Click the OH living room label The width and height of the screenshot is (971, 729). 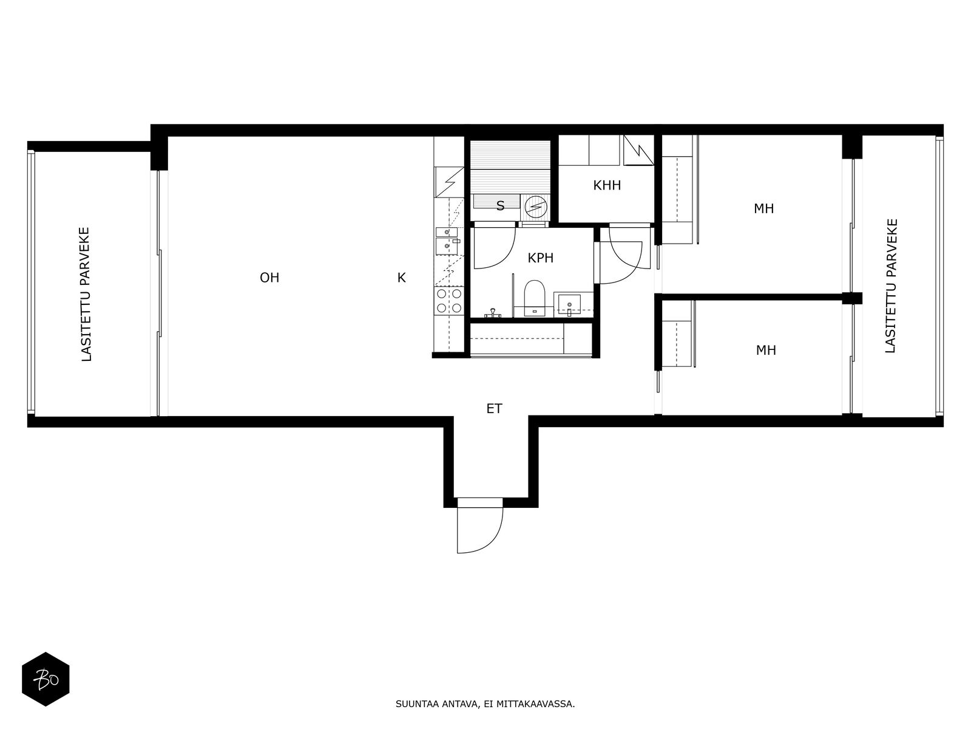(x=269, y=278)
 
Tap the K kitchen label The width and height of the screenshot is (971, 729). (x=401, y=278)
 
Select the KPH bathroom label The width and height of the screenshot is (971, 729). (x=541, y=258)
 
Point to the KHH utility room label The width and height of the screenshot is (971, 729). (x=607, y=185)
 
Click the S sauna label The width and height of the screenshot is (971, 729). (x=500, y=206)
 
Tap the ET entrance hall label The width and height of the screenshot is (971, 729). (x=494, y=408)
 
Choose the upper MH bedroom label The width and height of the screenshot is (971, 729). (x=764, y=208)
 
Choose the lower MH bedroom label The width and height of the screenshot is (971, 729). (x=766, y=350)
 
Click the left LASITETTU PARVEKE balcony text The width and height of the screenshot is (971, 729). (x=86, y=295)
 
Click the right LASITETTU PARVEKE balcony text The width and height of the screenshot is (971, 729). (x=890, y=286)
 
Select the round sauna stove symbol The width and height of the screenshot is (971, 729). (x=536, y=207)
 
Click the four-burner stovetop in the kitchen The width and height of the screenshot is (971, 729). (x=449, y=301)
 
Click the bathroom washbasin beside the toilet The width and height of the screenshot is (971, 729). (x=569, y=304)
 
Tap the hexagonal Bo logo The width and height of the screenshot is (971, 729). (x=46, y=679)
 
